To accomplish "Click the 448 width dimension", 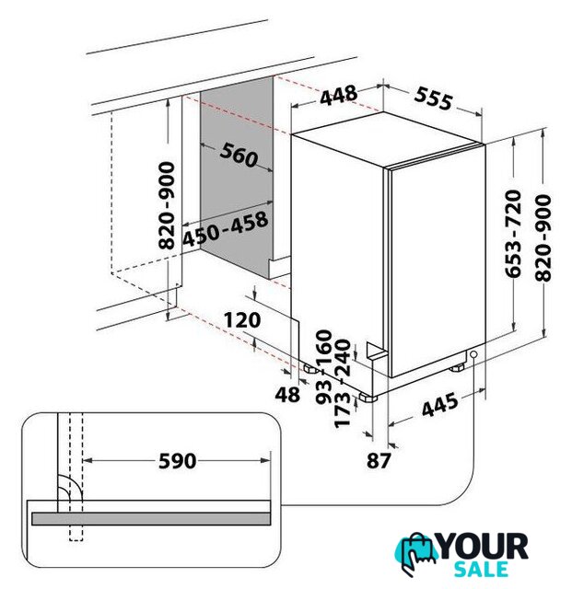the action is pos(338,95).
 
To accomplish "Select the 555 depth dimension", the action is pos(433,98).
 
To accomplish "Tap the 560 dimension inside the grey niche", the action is pos(239,155).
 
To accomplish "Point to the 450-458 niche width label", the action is pos(226,229).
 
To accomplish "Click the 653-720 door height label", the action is pos(513,234).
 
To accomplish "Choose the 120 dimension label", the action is pos(242,320).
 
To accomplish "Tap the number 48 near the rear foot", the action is pos(287,395).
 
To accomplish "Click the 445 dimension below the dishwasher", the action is pos(440,405).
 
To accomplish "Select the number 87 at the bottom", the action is pos(379,460).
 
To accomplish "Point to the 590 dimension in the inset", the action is pos(177,461).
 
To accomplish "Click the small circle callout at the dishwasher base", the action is pos(473,354).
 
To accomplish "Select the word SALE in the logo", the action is pos(481,569).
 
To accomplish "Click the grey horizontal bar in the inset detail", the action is pos(151,519).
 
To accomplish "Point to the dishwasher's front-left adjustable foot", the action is pos(368,398).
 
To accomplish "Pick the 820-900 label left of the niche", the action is pos(167,205).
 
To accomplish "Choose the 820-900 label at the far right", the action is pos(543,237).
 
